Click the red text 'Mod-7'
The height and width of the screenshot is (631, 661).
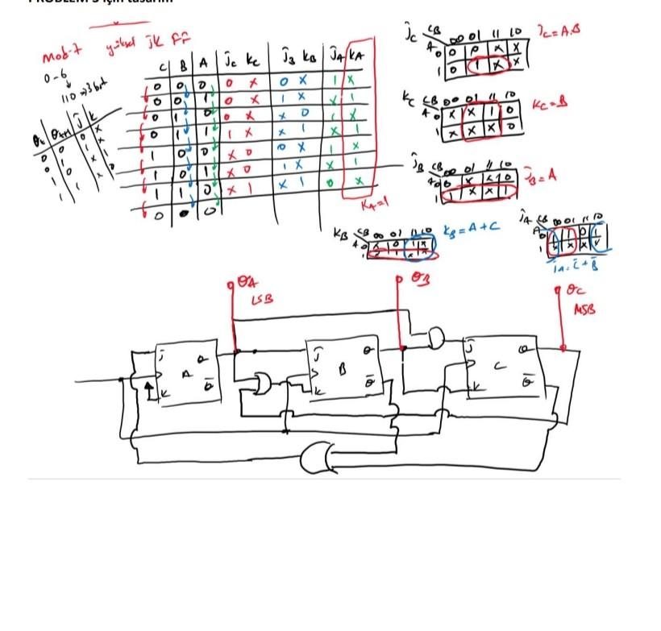[63, 57]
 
